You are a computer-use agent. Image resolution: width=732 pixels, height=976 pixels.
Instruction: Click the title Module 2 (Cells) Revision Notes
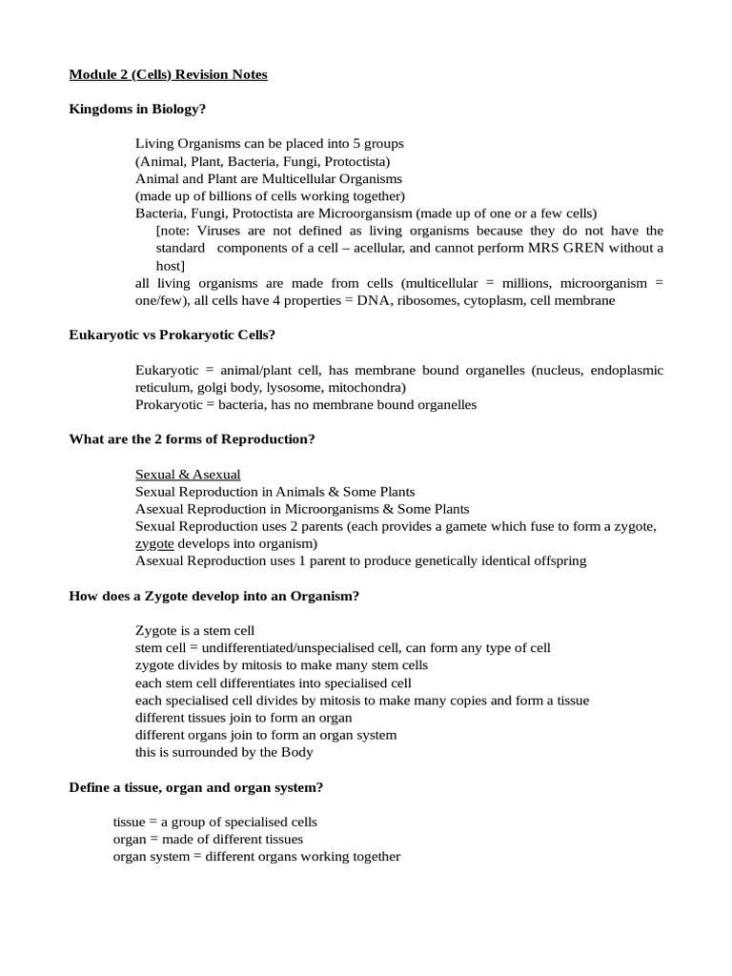coord(169,74)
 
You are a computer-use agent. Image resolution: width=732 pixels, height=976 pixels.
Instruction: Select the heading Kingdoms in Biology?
coord(137,109)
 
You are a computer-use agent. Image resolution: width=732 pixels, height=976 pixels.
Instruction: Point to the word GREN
coord(610,248)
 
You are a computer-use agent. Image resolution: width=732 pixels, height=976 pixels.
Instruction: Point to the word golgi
coord(213,387)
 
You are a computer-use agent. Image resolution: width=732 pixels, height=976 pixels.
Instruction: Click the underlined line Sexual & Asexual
coord(188,474)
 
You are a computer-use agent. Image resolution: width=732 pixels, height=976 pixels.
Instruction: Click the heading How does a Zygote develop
coord(214,596)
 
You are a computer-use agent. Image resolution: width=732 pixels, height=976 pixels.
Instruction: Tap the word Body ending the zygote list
coord(295,751)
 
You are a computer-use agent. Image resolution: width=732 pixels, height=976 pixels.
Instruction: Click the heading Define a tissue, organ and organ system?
coord(196,786)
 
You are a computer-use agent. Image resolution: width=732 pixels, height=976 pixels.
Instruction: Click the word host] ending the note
coord(171,265)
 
